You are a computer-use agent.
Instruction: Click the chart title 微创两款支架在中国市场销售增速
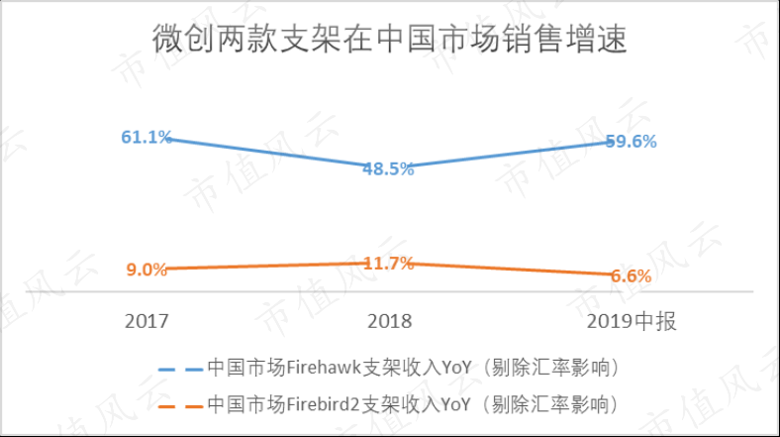[x=389, y=39]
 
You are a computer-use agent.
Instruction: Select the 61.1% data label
[x=146, y=137]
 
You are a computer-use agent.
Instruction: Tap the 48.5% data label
[x=388, y=169]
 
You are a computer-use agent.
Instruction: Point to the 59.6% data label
[x=631, y=142]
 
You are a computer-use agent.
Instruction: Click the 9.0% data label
[x=146, y=270]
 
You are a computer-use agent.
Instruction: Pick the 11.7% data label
[x=388, y=264]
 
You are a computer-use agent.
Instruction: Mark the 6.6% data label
[x=631, y=275]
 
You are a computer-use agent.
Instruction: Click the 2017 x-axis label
[x=146, y=321]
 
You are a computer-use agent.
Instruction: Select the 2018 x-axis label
[x=389, y=321]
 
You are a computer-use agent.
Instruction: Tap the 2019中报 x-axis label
[x=632, y=321]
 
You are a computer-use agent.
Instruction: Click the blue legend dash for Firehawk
[x=180, y=370]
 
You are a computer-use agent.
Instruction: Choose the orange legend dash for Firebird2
[x=180, y=406]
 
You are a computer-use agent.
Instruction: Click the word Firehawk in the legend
[x=324, y=368]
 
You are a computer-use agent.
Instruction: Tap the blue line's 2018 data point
[x=388, y=166]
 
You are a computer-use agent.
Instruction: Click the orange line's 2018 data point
[x=388, y=263]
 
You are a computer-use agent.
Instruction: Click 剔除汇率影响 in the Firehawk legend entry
[x=550, y=368]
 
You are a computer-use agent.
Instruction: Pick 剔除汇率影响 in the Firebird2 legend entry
[x=550, y=404]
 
